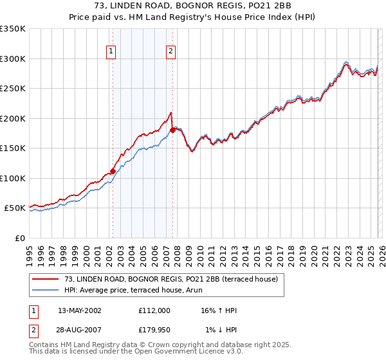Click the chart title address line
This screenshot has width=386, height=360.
192,7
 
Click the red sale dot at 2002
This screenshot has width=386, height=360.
113,171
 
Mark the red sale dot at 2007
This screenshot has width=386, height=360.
172,130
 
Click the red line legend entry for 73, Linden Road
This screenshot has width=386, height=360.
170,279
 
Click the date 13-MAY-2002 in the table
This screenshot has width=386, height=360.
80,310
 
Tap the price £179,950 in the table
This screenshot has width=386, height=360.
154,330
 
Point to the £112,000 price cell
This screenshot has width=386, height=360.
154,310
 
